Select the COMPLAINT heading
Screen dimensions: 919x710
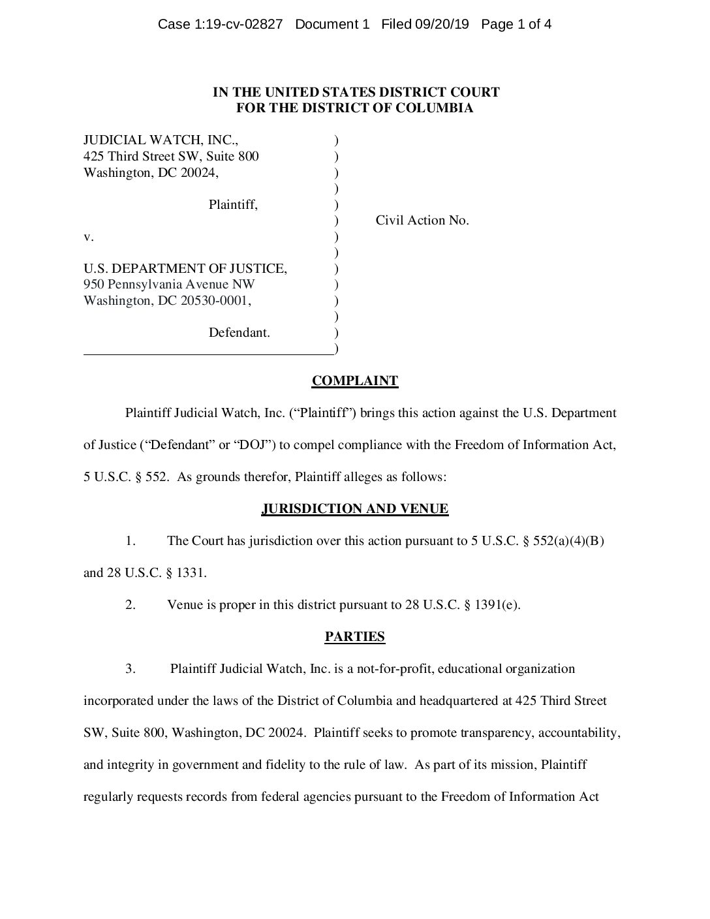point(354,381)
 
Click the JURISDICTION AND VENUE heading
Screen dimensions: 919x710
point(354,509)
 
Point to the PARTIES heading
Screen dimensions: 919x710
point(354,637)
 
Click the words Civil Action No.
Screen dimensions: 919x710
point(422,221)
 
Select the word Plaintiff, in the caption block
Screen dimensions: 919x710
point(233,205)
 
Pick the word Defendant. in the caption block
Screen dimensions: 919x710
point(239,333)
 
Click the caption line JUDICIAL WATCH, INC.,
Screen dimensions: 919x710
point(156,140)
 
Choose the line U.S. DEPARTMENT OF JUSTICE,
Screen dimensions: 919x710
point(185,268)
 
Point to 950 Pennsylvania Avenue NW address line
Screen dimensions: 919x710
point(169,285)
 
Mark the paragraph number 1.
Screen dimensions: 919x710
point(131,541)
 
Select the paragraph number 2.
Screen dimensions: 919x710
point(131,605)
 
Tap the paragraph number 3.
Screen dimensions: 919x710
point(131,669)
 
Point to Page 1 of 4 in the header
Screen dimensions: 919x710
point(516,25)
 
